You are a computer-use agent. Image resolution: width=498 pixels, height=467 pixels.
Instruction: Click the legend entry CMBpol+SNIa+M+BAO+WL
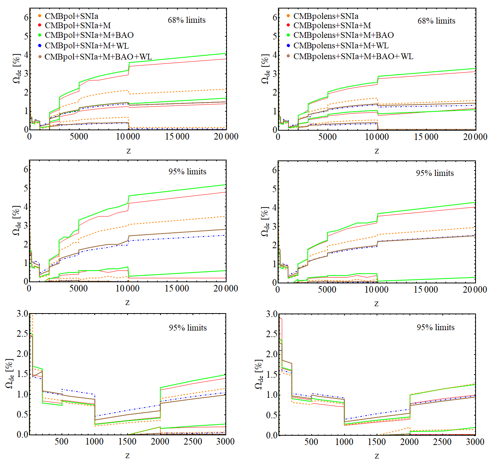pyautogui.click(x=98, y=57)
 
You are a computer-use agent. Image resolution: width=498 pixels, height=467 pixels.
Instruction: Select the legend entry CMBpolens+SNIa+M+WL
pyautogui.click(x=341, y=46)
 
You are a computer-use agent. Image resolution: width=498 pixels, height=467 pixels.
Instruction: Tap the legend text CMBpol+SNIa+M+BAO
pyautogui.click(x=89, y=35)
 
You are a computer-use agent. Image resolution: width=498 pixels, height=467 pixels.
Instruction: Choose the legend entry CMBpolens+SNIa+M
pyautogui.click(x=332, y=26)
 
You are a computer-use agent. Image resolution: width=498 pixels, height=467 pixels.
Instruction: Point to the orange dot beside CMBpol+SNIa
pyautogui.click(x=39, y=16)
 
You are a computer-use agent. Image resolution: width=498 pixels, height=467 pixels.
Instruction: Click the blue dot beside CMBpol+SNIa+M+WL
pyautogui.click(x=39, y=46)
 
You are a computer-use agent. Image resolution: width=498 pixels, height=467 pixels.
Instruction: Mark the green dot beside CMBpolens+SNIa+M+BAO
pyautogui.click(x=288, y=35)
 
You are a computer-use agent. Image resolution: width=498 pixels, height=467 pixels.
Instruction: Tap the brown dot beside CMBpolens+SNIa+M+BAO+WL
pyautogui.click(x=288, y=56)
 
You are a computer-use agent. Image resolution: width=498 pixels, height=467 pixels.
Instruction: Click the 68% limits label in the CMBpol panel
pyautogui.click(x=187, y=20)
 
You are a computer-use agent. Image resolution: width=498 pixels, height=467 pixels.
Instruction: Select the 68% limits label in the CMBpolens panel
pyautogui.click(x=436, y=21)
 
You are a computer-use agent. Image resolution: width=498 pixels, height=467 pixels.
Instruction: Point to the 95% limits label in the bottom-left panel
pyautogui.click(x=188, y=328)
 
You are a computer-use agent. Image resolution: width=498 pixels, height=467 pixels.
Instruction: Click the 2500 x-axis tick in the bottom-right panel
pyautogui.click(x=442, y=442)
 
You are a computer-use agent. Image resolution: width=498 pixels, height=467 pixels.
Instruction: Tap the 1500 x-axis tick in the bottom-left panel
pyautogui.click(x=127, y=441)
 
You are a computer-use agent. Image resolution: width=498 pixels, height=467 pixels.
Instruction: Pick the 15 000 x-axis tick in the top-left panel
pyautogui.click(x=177, y=136)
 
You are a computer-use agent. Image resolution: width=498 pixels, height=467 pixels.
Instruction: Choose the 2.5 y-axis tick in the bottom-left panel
pyautogui.click(x=22, y=334)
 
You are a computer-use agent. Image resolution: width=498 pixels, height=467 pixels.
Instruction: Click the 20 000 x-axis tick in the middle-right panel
pyautogui.click(x=475, y=290)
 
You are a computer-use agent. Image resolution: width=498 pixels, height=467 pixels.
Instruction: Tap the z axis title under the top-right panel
pyautogui.click(x=377, y=151)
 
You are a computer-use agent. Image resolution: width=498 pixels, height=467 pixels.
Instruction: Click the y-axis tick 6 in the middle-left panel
pyautogui.click(x=26, y=169)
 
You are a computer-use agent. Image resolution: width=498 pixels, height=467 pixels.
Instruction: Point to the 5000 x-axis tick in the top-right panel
pyautogui.click(x=327, y=137)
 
